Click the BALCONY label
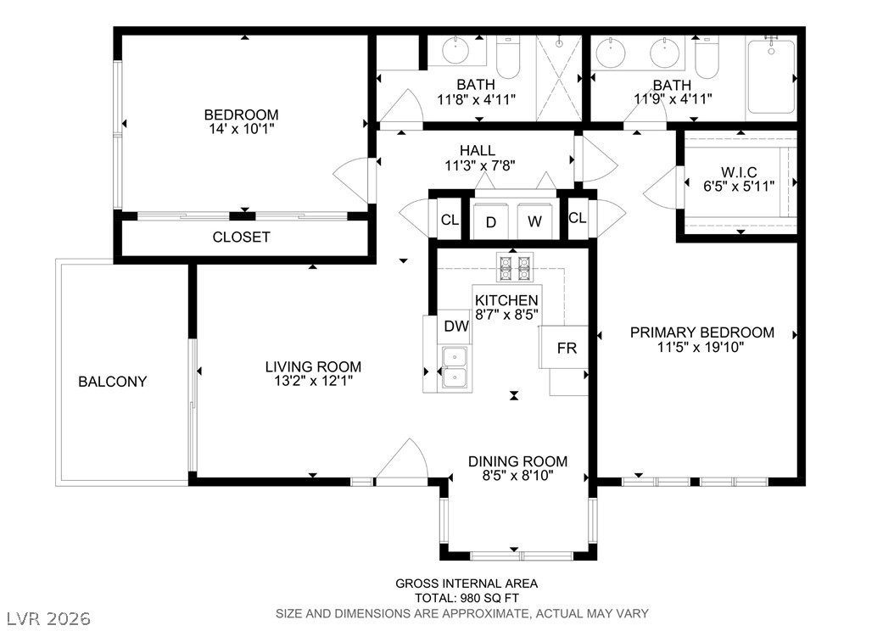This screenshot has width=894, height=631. click(x=112, y=382)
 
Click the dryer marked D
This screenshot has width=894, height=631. click(x=492, y=221)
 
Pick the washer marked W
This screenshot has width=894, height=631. click(x=535, y=221)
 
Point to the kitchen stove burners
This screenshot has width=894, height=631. click(x=515, y=267)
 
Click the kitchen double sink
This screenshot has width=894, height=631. click(x=455, y=368)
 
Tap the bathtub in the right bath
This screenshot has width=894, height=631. click(x=771, y=76)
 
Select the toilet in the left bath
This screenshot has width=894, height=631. click(x=508, y=57)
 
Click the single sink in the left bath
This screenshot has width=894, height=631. click(x=455, y=49)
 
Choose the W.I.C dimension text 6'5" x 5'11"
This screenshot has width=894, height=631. click(x=739, y=187)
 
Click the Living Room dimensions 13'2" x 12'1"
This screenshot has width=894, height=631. click(x=314, y=381)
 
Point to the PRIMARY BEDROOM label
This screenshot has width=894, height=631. click(x=701, y=332)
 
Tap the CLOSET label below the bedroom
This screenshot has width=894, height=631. click(x=241, y=237)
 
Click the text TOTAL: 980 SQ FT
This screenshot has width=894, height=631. click(x=467, y=599)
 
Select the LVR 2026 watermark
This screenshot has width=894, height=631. click(x=49, y=618)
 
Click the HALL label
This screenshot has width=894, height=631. click(x=478, y=150)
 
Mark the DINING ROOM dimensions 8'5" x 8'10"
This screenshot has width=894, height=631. click(x=517, y=476)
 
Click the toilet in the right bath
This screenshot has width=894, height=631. click(x=707, y=57)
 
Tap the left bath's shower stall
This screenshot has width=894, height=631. click(x=559, y=78)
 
